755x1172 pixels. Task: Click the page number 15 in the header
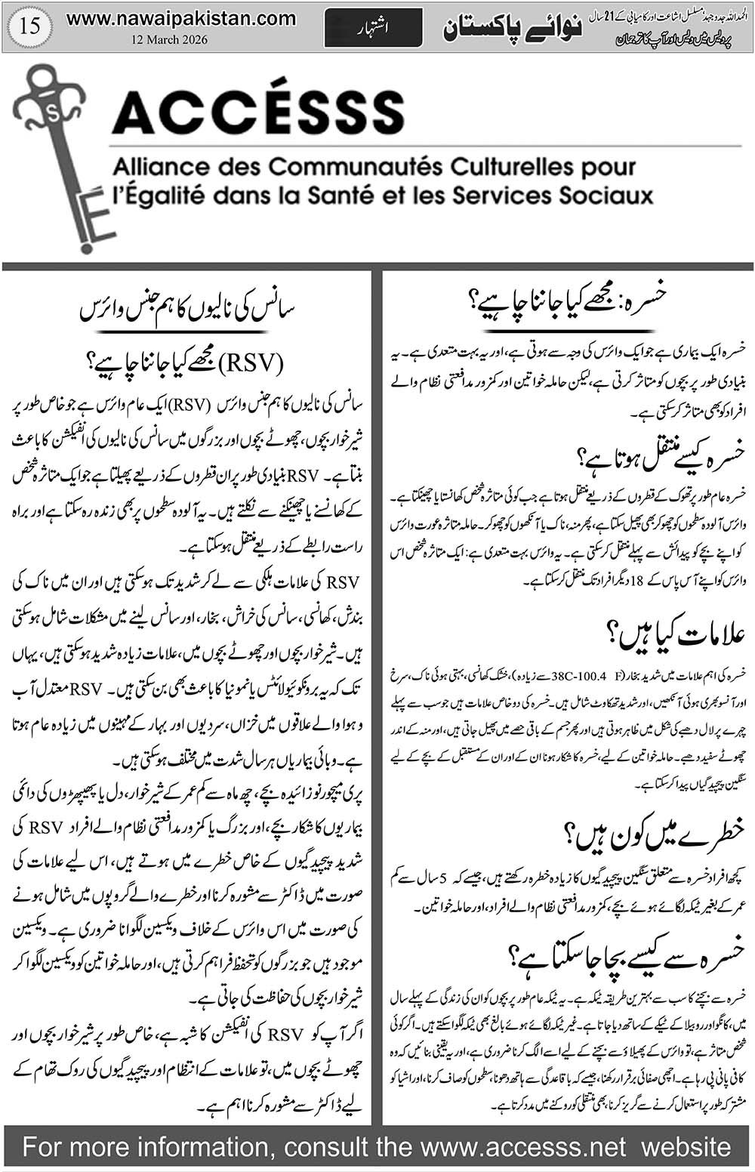pyautogui.click(x=32, y=27)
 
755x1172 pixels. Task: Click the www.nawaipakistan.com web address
pyautogui.click(x=181, y=19)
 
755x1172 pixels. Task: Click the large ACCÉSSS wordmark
pyautogui.click(x=258, y=113)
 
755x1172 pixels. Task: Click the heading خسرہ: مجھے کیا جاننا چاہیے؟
pyautogui.click(x=567, y=307)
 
